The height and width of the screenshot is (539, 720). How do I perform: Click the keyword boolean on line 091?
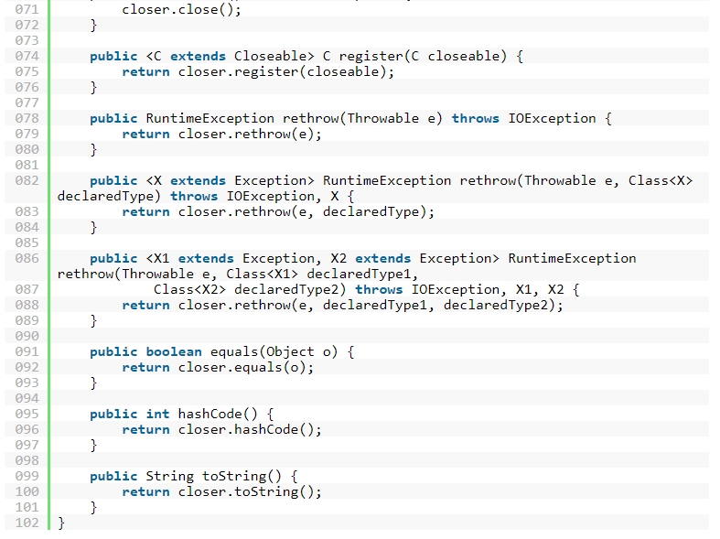click(174, 351)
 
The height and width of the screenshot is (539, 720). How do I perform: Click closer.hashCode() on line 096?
click(250, 429)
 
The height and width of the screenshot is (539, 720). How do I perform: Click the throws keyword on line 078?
click(475, 118)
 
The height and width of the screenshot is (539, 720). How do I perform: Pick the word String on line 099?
click(169, 476)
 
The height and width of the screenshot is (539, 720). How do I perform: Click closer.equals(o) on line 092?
click(245, 367)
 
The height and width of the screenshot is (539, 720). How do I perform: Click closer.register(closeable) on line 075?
click(285, 71)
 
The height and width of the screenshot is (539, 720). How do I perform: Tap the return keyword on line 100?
click(145, 491)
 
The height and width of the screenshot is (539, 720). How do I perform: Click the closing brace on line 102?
click(61, 523)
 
